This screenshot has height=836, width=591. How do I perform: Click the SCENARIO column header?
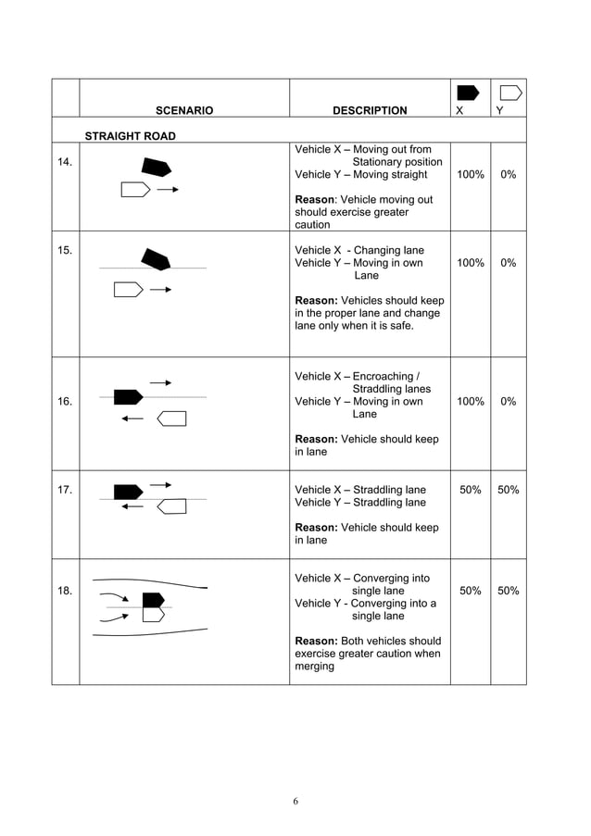183,110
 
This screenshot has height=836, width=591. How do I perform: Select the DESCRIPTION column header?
370,110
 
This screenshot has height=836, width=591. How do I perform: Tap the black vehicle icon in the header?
468,93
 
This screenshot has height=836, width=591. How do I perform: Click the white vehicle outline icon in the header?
510,93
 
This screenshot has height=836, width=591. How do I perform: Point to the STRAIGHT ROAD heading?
131,136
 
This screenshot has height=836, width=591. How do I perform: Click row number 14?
65,162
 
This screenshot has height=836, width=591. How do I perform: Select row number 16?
65,402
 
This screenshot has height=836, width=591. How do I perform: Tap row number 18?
65,591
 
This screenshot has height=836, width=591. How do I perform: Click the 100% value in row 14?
470,174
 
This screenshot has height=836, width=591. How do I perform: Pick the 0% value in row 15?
509,263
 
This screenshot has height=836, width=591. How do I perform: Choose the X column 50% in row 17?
470,490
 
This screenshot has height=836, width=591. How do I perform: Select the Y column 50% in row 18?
509,591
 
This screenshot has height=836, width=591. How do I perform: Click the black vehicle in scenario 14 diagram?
156,168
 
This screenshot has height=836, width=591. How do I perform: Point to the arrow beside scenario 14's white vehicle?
167,190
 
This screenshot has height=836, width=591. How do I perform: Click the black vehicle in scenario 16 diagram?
128,397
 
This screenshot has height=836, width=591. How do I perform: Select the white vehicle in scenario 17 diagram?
171,506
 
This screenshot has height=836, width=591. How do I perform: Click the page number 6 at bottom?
295,801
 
